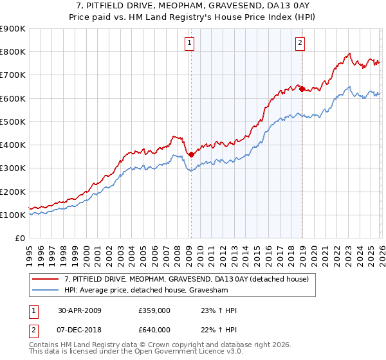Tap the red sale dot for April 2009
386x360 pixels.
coord(192,154)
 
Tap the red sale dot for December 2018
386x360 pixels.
coord(302,89)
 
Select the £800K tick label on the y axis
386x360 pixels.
coord(13,52)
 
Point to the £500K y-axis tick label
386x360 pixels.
coord(13,122)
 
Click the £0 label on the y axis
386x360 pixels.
coord(20,238)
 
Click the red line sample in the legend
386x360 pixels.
coord(46,278)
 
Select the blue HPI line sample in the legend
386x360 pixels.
coord(46,289)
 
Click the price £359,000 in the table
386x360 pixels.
coord(154,310)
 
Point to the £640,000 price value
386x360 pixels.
coord(154,330)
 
